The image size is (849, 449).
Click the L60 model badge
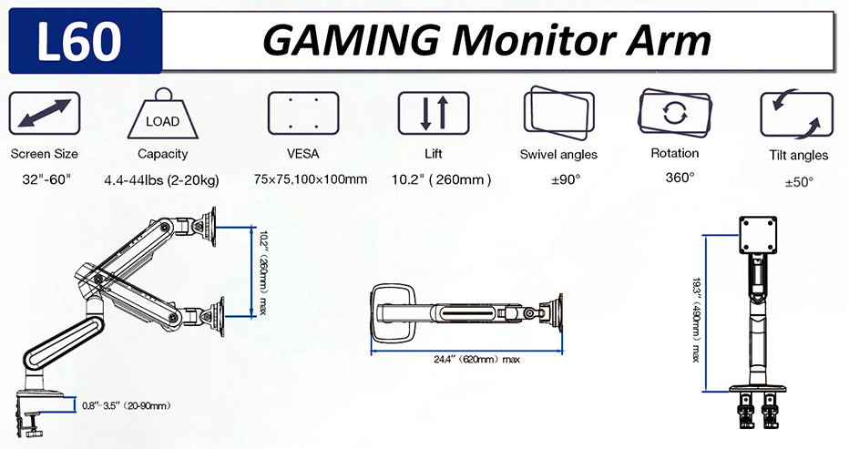click(85, 42)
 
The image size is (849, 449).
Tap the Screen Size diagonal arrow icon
click(45, 114)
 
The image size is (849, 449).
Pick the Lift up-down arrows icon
click(434, 114)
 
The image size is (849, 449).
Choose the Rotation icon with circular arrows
click(675, 113)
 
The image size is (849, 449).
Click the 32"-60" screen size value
click(44, 179)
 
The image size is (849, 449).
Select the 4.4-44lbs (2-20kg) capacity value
click(162, 179)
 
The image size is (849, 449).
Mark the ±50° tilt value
click(799, 181)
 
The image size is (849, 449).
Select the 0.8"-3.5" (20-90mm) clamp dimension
click(127, 405)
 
